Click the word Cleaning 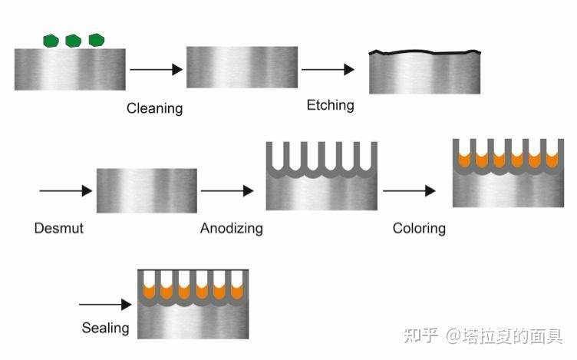[154, 108]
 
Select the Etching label [331, 106]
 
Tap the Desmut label [59, 228]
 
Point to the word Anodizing [232, 229]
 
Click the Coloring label [419, 229]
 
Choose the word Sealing [106, 328]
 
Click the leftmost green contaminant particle [51, 41]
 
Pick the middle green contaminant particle [73, 41]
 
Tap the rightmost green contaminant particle [97, 40]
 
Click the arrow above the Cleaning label [157, 69]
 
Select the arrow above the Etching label [328, 69]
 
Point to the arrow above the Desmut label [66, 190]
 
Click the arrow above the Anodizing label [227, 190]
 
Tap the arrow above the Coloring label [409, 190]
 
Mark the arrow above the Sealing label [105, 305]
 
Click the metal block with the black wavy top [424, 71]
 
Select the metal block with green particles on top [70, 69]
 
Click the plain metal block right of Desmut [147, 190]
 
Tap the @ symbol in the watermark [453, 336]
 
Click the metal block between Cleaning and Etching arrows [242, 67]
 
